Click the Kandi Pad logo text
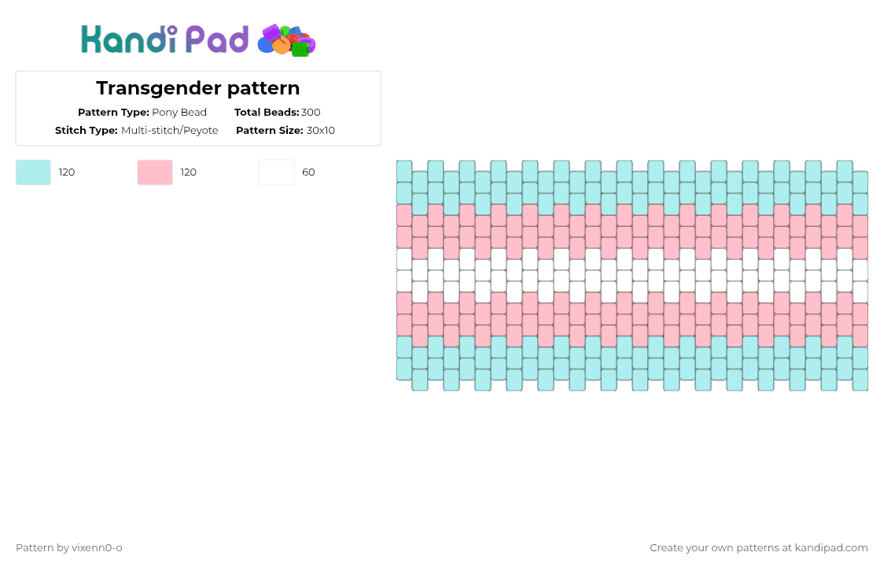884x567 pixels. tap(164, 39)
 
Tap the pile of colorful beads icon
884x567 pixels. tap(287, 40)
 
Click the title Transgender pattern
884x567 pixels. tap(197, 88)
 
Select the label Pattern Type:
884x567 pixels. tap(113, 113)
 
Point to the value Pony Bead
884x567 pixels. tap(179, 113)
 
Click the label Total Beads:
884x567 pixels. tap(267, 113)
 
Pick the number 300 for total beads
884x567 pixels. tap(311, 113)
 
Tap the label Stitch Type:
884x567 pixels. tap(87, 131)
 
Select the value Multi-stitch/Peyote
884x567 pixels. tap(170, 131)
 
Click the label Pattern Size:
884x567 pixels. tap(269, 131)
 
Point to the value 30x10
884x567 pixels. tap(321, 131)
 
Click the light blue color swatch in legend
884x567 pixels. tap(33, 172)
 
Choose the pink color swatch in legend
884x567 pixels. tap(155, 172)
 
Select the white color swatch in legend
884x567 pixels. tap(277, 172)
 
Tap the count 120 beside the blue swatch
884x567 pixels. tap(67, 172)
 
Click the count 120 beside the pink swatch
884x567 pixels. tap(189, 172)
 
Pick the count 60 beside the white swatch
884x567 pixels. tap(308, 172)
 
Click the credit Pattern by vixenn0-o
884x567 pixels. tap(69, 548)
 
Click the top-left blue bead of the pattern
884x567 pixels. tap(404, 171)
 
